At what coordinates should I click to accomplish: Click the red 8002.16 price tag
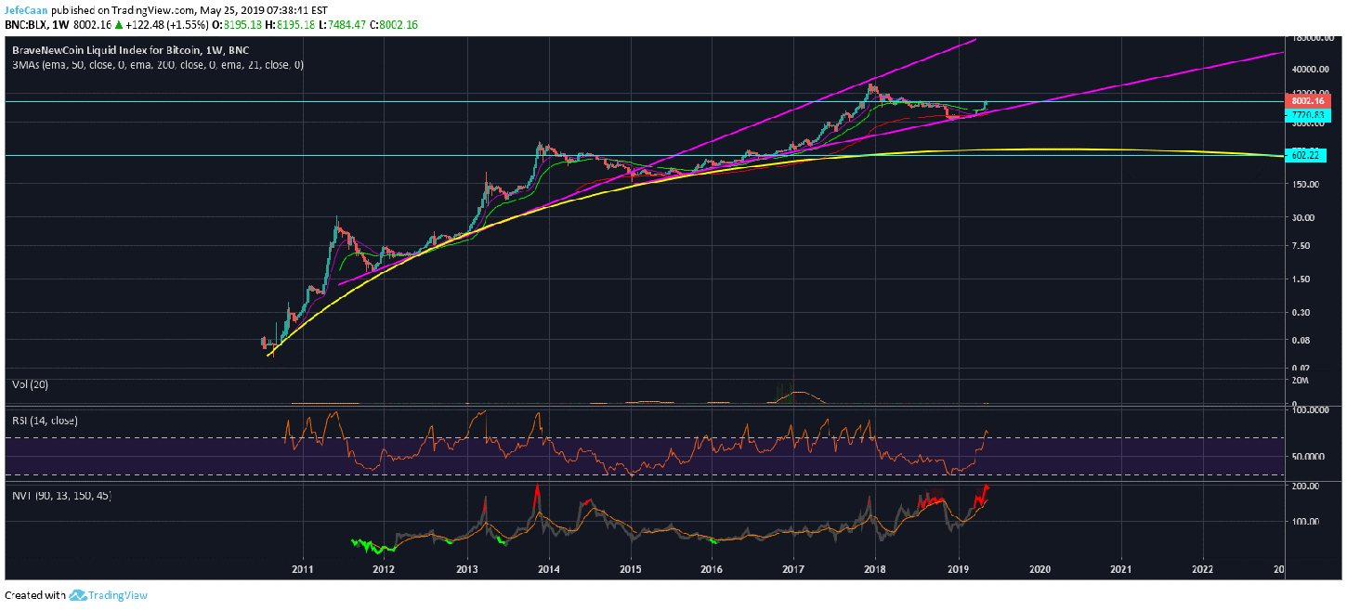coord(1308,100)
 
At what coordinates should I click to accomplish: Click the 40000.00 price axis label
coord(1308,69)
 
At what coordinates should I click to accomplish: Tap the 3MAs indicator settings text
coord(157,66)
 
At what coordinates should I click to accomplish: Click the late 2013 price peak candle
coord(539,145)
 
